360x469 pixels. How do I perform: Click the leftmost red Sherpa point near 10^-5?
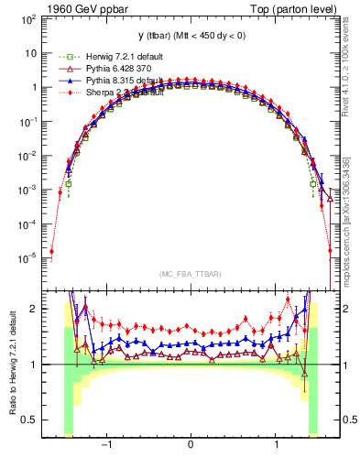point(52,251)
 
